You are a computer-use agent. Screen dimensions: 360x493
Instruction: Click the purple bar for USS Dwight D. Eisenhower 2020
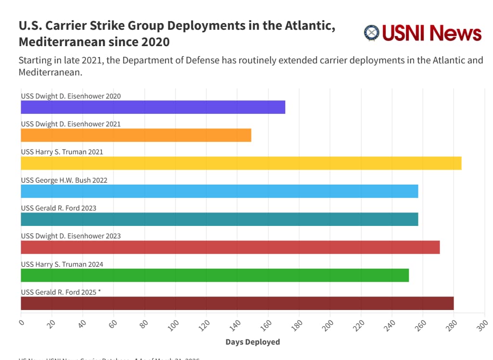pyautogui.click(x=153, y=107)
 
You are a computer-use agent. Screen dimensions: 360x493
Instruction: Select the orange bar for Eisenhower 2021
pyautogui.click(x=136, y=136)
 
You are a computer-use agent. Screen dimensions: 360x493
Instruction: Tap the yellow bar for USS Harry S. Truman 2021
pyautogui.click(x=241, y=163)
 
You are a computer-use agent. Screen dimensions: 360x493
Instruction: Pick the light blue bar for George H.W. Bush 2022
pyautogui.click(x=219, y=191)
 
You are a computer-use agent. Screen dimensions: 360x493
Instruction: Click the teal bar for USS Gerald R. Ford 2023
pyautogui.click(x=219, y=219)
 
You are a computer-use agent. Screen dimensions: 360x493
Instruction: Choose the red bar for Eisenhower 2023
pyautogui.click(x=230, y=248)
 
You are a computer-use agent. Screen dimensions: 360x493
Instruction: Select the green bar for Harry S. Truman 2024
pyautogui.click(x=215, y=275)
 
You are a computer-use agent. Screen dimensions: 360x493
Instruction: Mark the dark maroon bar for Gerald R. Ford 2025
pyautogui.click(x=237, y=303)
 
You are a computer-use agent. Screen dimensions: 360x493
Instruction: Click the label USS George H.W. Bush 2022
pyautogui.click(x=64, y=180)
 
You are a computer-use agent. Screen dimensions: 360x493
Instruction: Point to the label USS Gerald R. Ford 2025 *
pyautogui.click(x=61, y=292)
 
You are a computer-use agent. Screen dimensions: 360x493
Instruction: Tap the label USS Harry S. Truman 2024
pyautogui.click(x=62, y=264)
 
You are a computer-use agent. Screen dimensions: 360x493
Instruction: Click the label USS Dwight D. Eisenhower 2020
pyautogui.click(x=71, y=96)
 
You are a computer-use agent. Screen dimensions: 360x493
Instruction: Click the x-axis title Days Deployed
pyautogui.click(x=253, y=342)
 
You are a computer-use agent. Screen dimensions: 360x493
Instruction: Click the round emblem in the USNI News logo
pyautogui.click(x=372, y=33)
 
